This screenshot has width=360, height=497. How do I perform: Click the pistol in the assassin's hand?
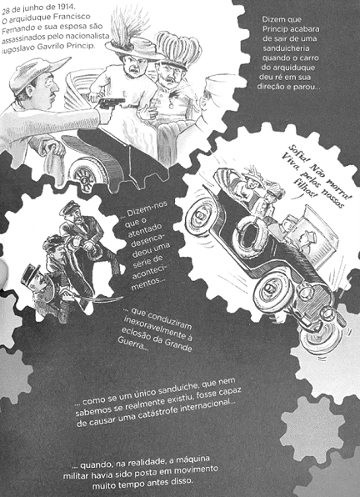pyautogui.click(x=112, y=104)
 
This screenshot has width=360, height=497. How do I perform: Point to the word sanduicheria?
pyautogui.click(x=286, y=48)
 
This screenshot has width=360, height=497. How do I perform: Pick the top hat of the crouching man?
pyautogui.click(x=30, y=274)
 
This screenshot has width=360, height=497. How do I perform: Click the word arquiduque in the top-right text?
pyautogui.click(x=289, y=68)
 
